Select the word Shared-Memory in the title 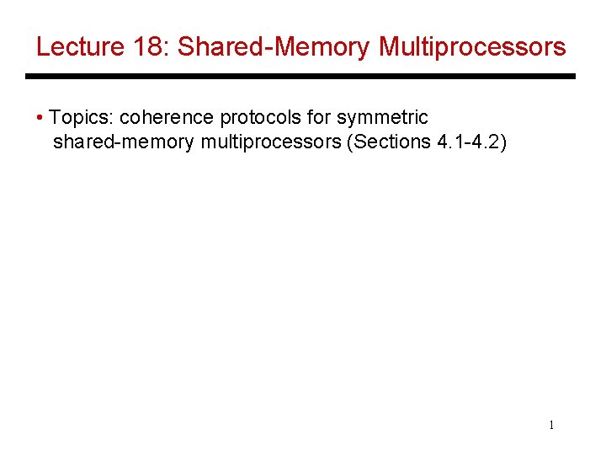pyautogui.click(x=274, y=47)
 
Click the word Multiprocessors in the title pyautogui.click(x=473, y=47)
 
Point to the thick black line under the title pyautogui.click(x=300, y=77)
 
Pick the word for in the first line pyautogui.click(x=316, y=117)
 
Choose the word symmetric pyautogui.click(x=382, y=117)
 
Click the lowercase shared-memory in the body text pyautogui.click(x=125, y=142)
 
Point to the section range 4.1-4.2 pyautogui.click(x=470, y=142)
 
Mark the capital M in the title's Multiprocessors pyautogui.click(x=390, y=47)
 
